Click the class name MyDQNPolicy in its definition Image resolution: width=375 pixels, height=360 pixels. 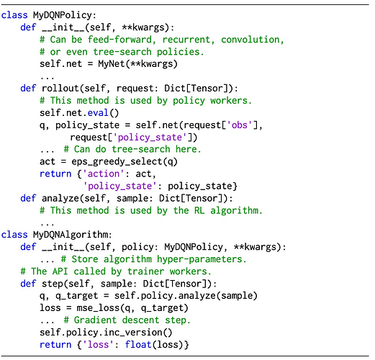pos(63,15)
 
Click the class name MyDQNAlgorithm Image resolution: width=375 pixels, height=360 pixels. pos(71,235)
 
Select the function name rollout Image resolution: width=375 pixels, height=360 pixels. pos(60,89)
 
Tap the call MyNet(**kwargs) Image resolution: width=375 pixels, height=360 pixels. pos(137,64)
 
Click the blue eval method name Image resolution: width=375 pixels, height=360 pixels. pos(98,113)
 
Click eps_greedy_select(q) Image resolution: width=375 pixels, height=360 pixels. pos(125,162)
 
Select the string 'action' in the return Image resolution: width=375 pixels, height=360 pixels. pos(104,174)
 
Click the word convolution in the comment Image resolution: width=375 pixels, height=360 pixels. pos(250,40)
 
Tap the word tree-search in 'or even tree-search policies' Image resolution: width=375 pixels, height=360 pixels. pos(122,52)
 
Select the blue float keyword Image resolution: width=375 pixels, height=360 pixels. pos(137,345)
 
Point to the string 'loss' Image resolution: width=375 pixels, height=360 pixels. pos(98,345)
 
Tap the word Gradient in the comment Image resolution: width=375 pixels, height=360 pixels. pos(95,320)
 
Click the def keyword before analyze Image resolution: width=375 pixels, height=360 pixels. pos(28,198)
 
